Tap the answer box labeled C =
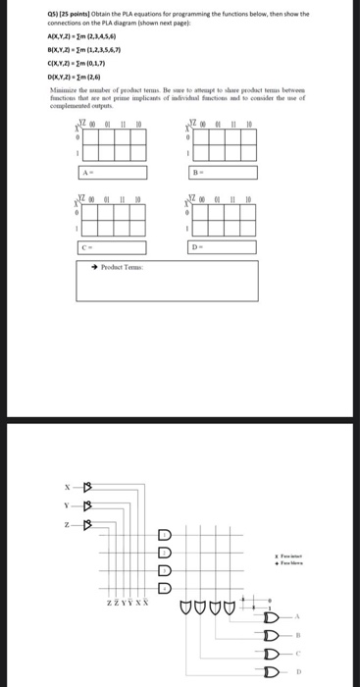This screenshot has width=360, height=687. click(113, 247)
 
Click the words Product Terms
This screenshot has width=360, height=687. click(123, 267)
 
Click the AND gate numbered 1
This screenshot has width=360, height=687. click(165, 535)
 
